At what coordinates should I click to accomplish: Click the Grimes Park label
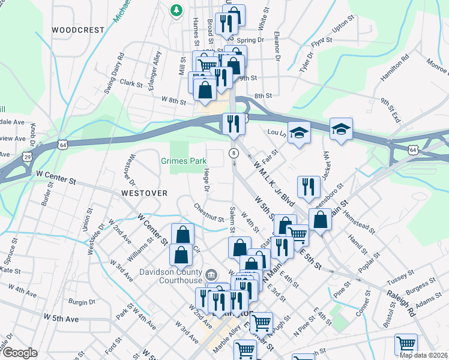point(184,161)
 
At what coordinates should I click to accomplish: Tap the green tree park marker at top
point(176,10)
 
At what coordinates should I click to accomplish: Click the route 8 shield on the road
point(234,154)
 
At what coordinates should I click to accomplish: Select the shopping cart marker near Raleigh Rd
point(406,344)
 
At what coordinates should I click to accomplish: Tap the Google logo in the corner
point(20,353)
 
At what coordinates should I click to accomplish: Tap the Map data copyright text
point(423,355)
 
